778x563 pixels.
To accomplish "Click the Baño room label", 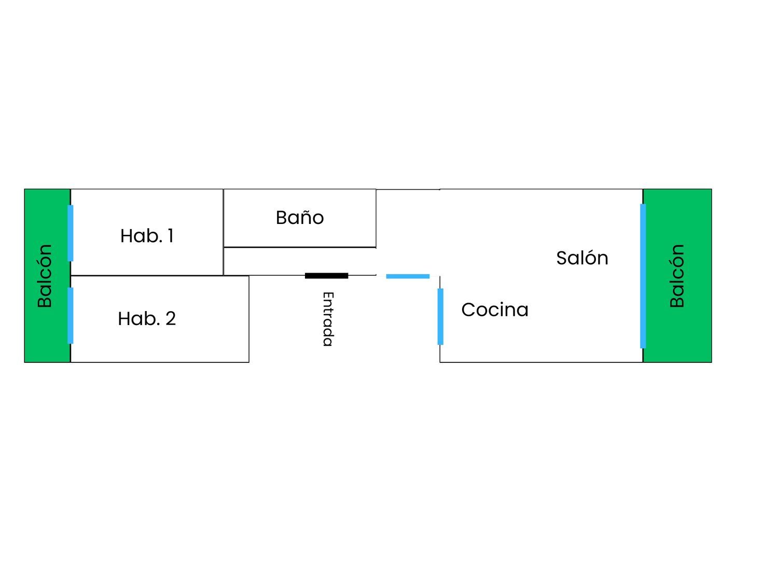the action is pyautogui.click(x=300, y=218).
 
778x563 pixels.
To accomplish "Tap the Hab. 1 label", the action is pyautogui.click(x=147, y=236).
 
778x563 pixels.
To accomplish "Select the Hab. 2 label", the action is pyautogui.click(x=147, y=318).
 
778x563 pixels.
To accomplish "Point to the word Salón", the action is pyautogui.click(x=582, y=258).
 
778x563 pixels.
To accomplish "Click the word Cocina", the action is pyautogui.click(x=495, y=309).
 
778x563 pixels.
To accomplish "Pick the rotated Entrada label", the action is pyautogui.click(x=328, y=319).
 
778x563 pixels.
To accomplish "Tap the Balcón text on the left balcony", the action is pyautogui.click(x=45, y=276).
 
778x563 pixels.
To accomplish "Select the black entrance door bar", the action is pyautogui.click(x=326, y=276).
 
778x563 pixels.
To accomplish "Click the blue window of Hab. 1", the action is pyautogui.click(x=71, y=233).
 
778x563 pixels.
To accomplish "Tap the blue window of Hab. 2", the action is pyautogui.click(x=71, y=316).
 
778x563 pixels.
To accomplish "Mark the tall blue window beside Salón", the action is pyautogui.click(x=643, y=276).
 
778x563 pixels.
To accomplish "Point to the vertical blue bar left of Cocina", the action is pyautogui.click(x=440, y=317).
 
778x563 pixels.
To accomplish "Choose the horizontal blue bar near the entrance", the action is pyautogui.click(x=408, y=276).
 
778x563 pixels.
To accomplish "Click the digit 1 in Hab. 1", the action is pyautogui.click(x=171, y=236).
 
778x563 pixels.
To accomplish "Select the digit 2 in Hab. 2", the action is pyautogui.click(x=171, y=319).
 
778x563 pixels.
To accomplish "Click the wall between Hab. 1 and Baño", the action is pyautogui.click(x=224, y=232).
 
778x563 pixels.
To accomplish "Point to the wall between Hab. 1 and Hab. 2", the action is pyautogui.click(x=147, y=276).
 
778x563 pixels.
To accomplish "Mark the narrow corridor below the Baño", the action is pyautogui.click(x=300, y=261).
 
